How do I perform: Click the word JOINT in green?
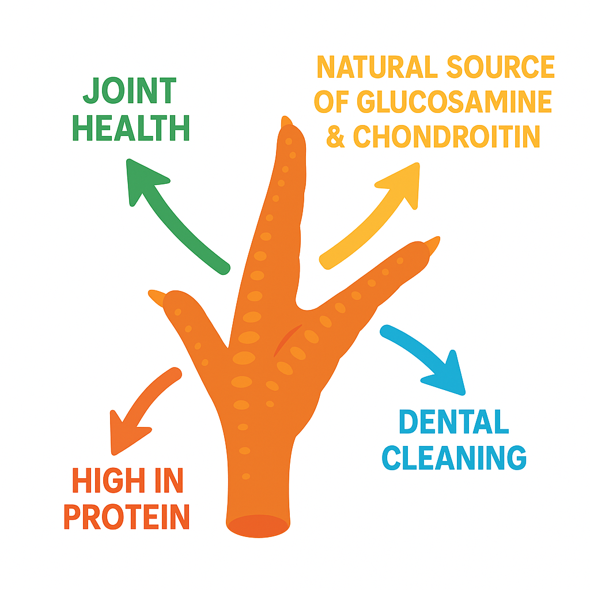[x=130, y=92]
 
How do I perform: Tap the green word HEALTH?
[x=131, y=128]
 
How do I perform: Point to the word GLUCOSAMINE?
[x=454, y=102]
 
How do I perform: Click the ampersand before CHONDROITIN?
[x=335, y=137]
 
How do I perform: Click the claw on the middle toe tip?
[x=286, y=123]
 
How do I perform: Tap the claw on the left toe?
[x=156, y=296]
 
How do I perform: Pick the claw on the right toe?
[x=432, y=244]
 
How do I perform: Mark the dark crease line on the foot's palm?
[x=286, y=339]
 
